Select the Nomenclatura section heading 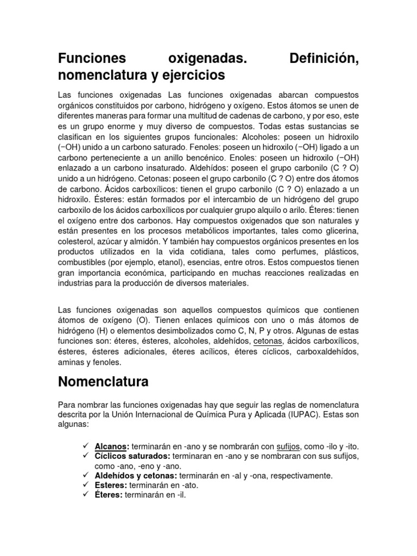pos(103,381)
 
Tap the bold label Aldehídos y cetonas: pos(136,476)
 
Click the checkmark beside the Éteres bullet pos(86,495)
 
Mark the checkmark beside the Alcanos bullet pos(86,446)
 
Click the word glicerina pos(342,231)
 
